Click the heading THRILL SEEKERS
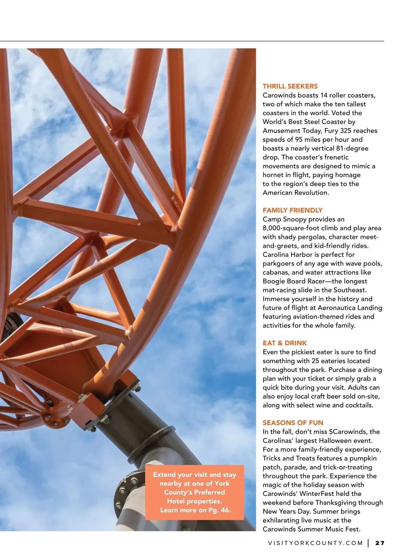pos(290,86)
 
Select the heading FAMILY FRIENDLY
pos(292,210)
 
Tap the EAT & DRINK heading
pos(285,343)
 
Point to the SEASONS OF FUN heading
pos(293,423)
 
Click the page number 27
pos(380,543)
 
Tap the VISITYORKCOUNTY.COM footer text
pos(315,543)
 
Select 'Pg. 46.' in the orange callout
pos(220,510)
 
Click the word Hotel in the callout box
pos(176,501)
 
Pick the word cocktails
pos(360,405)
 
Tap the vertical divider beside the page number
pos(369,543)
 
